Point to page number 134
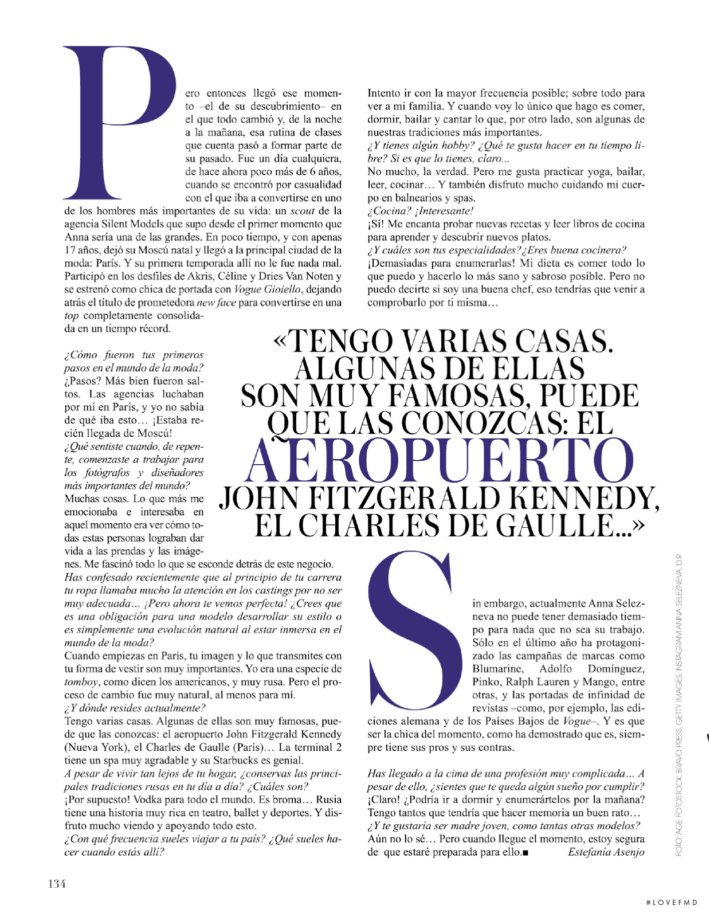coord(56,883)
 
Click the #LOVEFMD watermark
coord(671,903)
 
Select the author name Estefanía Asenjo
coord(606,852)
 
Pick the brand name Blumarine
coord(497,669)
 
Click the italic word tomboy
coord(81,682)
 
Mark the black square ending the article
coord(525,853)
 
